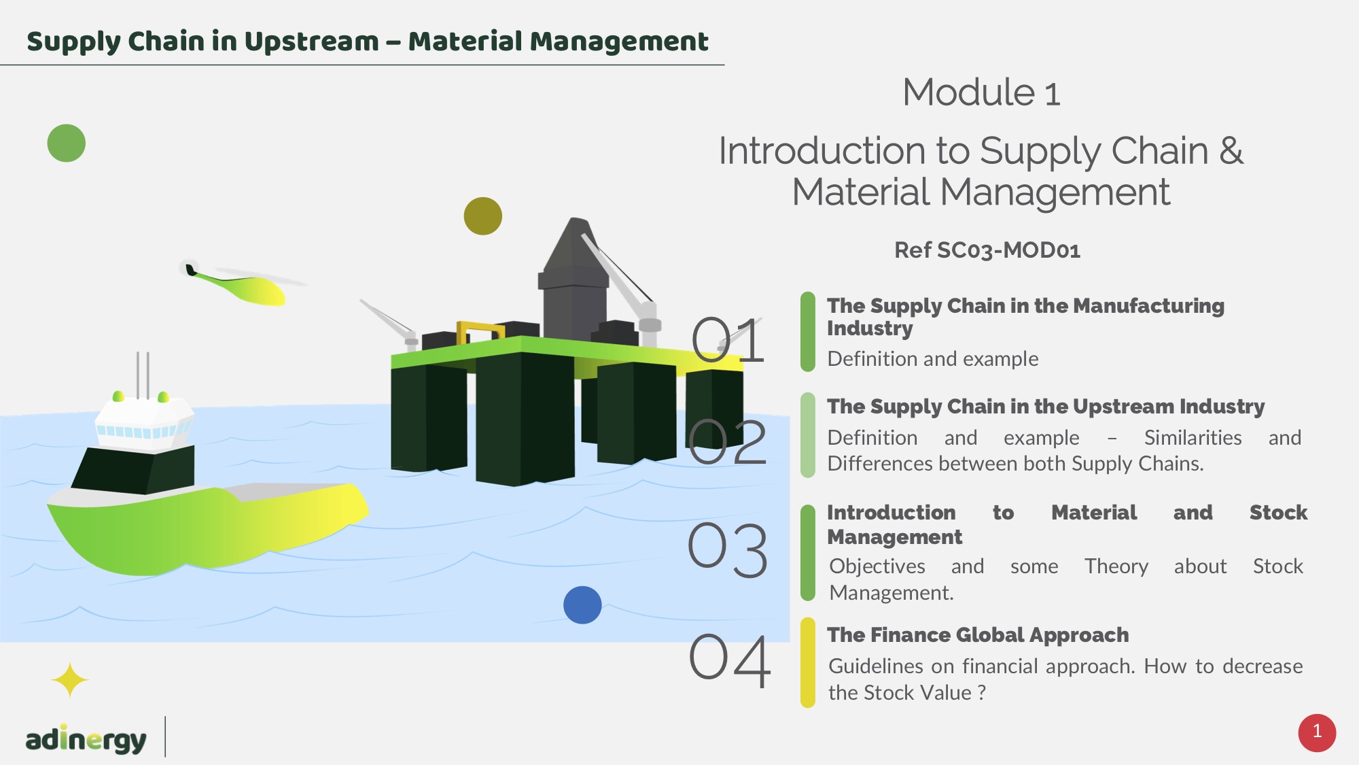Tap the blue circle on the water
(582, 605)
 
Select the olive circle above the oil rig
(482, 216)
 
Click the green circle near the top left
(67, 143)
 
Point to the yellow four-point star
(69, 680)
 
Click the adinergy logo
(86, 739)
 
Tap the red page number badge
(1317, 732)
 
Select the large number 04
(730, 660)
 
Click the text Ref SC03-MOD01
(987, 250)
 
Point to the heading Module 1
(981, 92)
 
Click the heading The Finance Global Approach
(977, 635)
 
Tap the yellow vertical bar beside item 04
(807, 662)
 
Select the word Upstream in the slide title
(311, 41)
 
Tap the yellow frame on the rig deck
(480, 332)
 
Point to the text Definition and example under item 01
(932, 359)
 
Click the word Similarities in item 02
(1193, 438)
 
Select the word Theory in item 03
(1116, 566)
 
